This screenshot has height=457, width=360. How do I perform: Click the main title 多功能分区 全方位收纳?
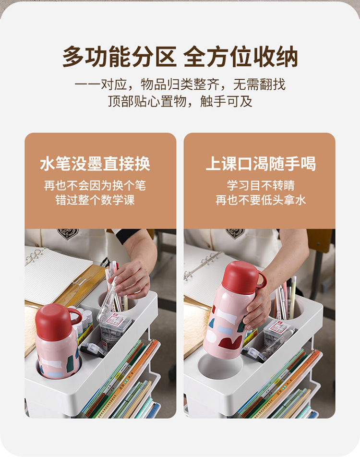point(180,57)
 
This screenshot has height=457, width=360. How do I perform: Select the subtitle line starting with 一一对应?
point(180,85)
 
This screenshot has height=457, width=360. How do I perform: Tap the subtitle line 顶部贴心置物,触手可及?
point(180,102)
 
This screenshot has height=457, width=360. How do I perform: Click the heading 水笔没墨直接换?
point(95,164)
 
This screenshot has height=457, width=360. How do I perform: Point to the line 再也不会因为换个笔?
point(95,185)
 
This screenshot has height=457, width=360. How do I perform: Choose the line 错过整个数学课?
point(95,200)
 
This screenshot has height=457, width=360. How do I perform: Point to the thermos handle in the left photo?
point(75,315)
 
